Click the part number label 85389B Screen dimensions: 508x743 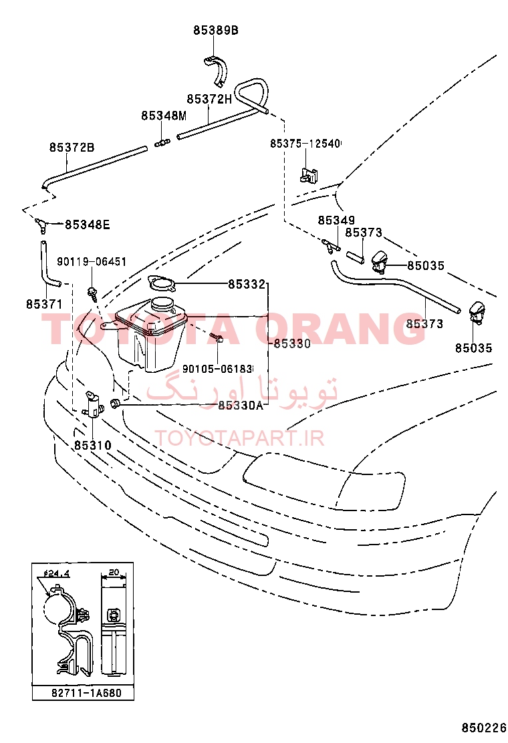pos(216,30)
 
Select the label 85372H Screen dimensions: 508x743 pos(209,99)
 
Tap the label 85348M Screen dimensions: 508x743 pos(164,116)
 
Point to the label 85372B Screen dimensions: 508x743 pos(72,148)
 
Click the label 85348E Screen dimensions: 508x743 pos(87,225)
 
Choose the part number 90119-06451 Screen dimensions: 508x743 pos(92,261)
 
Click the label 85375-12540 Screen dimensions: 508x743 pos(305,143)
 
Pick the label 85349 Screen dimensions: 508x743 pos(336,220)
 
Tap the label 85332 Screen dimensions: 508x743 pos(247,285)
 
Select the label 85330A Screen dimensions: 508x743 pos(240,405)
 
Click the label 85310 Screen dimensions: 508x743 pos(93,446)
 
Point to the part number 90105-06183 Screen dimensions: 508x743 pos(217,369)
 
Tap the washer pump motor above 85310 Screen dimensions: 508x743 pos(94,404)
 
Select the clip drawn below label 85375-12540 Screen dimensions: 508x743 pos(309,174)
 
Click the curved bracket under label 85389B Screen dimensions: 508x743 pos(216,71)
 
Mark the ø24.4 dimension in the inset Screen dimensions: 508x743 pos(56,573)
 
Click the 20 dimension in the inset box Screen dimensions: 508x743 pos(114,573)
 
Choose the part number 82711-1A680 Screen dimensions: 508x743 pos(87,693)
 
